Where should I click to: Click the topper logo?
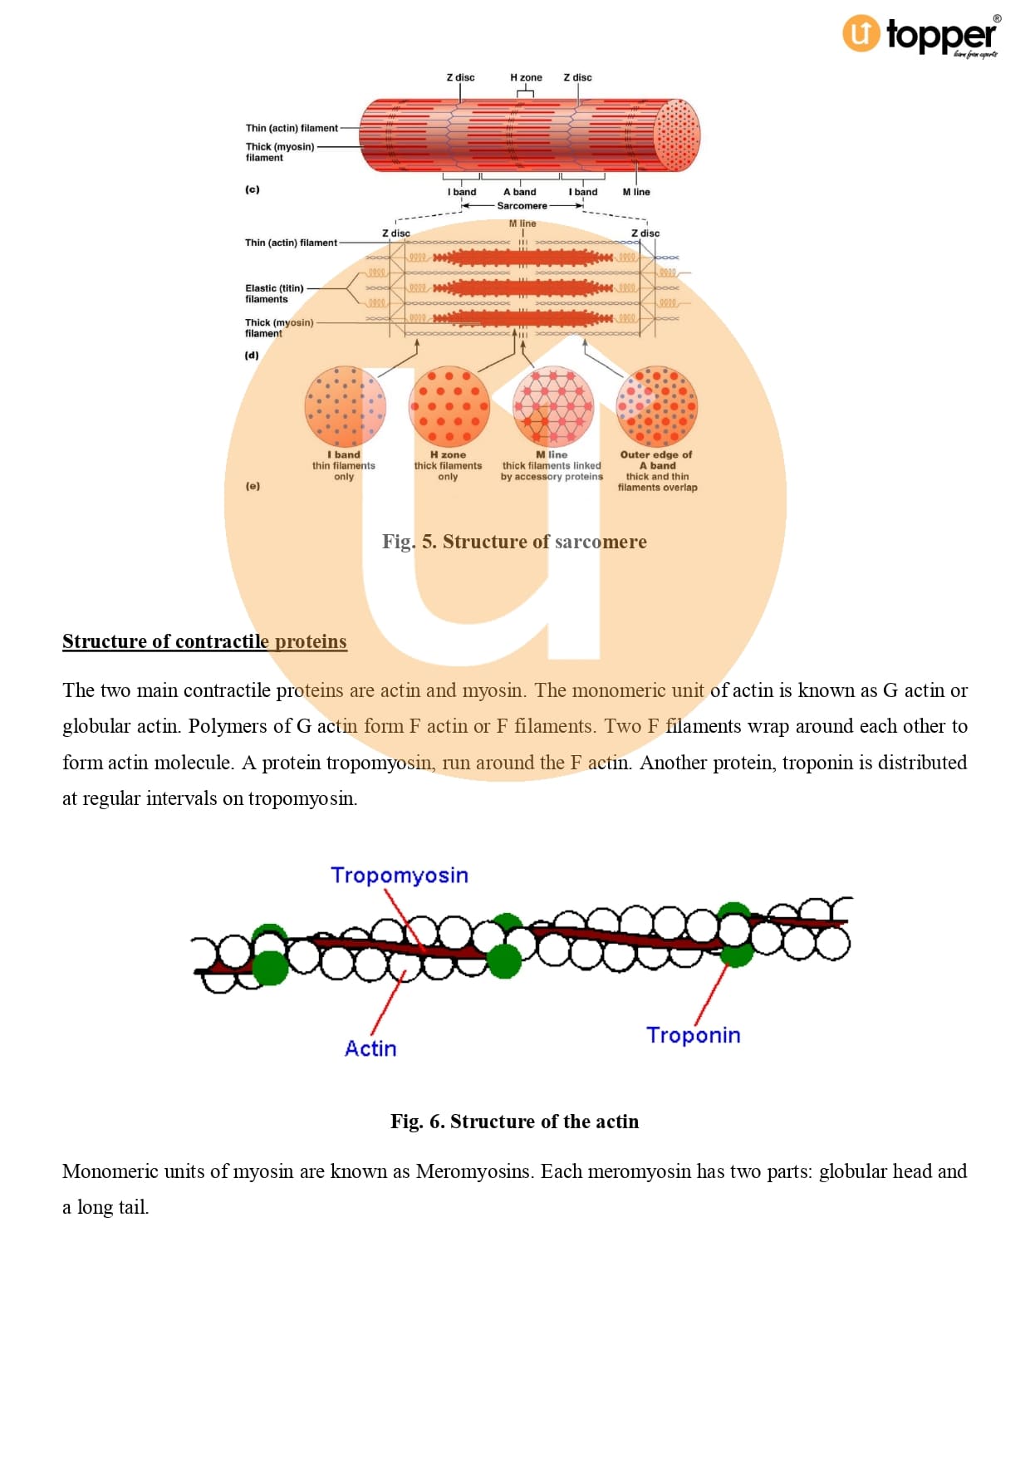point(920,36)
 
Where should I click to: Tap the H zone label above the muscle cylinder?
point(526,77)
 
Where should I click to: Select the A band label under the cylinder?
point(519,192)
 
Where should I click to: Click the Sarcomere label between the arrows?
point(522,206)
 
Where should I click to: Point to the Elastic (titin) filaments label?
point(274,293)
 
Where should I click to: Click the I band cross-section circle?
point(345,406)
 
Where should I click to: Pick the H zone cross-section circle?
point(449,406)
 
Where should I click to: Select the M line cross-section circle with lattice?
point(553,406)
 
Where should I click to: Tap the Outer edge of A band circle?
point(656,406)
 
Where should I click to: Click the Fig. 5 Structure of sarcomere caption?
point(514,542)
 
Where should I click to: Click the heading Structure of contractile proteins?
point(204,641)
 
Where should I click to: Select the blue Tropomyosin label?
point(400,875)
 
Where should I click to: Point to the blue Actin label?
point(370,1048)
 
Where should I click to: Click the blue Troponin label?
point(694,1035)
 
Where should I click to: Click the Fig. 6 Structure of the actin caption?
point(514,1122)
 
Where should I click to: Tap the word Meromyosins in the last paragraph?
point(475,1171)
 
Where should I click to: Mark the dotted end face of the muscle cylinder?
point(676,135)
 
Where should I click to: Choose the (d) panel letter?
point(252,355)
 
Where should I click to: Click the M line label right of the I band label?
point(636,192)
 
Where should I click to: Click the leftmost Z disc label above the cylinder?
point(460,77)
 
